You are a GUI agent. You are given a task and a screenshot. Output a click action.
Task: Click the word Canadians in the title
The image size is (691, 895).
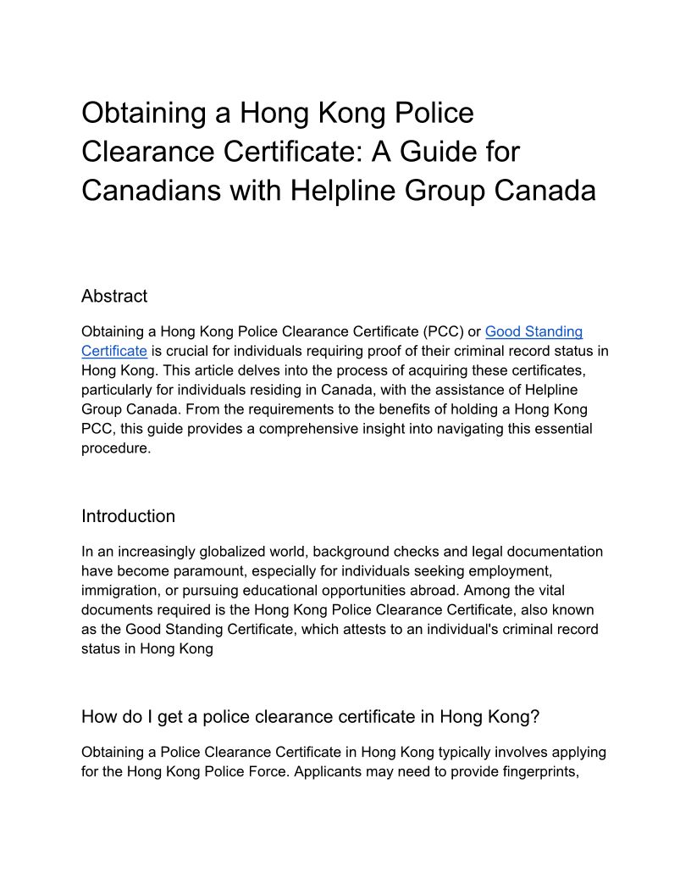148,191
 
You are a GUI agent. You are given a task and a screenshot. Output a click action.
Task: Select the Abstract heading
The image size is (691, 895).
114,296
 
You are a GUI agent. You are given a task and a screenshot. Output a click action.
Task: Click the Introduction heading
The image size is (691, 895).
128,516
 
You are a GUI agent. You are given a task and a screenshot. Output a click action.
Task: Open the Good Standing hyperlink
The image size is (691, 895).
533,331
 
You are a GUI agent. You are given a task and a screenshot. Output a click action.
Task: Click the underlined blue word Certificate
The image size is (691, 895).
114,351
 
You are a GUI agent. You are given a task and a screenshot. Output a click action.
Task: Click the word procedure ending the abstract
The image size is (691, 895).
114,448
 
